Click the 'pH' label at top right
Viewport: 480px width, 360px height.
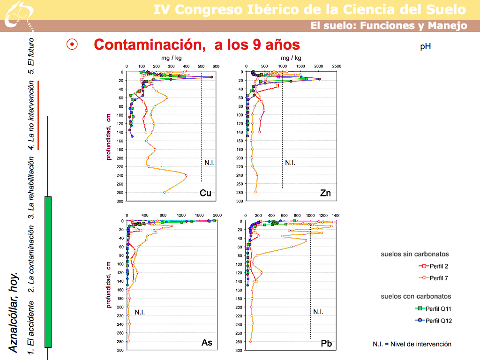pos(426,46)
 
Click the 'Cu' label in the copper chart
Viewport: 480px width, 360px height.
pos(205,193)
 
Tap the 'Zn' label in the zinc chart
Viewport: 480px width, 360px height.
pos(326,193)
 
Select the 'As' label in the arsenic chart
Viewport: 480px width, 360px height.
pos(207,343)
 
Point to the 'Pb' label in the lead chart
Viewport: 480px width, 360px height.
pos(327,344)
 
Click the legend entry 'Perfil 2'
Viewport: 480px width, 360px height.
pos(439,266)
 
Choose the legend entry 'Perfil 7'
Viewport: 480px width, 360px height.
pos(439,278)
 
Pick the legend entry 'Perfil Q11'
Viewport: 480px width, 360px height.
pos(442,308)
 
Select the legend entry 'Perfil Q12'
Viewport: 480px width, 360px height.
pos(442,321)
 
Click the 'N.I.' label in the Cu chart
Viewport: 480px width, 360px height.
pos(210,163)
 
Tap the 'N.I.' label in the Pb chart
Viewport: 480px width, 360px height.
pos(318,312)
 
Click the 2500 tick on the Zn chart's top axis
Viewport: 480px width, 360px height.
pos(337,67)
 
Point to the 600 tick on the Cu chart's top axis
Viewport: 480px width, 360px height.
pos(216,67)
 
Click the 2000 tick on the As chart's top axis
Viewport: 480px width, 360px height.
pos(216,215)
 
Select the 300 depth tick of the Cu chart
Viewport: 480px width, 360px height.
pos(120,201)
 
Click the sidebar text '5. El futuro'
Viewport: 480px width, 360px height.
pos(31,56)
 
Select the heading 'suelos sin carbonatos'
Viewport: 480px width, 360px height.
pos(415,254)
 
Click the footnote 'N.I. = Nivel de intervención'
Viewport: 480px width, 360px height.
pos(412,344)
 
